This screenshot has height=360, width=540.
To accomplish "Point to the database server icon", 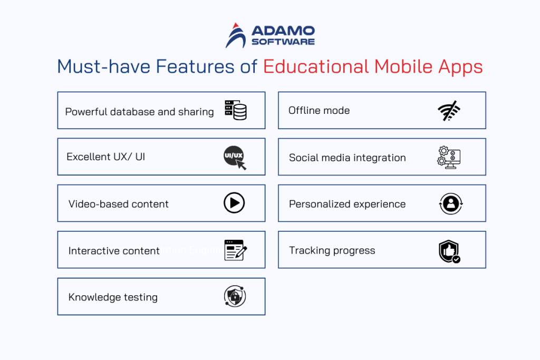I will [235, 110].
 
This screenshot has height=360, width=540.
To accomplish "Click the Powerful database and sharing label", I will [139, 111].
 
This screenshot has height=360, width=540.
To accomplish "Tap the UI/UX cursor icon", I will [235, 158].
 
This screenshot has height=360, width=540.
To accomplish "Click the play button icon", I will [234, 203].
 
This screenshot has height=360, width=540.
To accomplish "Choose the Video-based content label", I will [119, 204].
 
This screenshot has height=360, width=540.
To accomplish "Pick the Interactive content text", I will [114, 251].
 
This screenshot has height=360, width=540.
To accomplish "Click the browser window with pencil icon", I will [235, 250].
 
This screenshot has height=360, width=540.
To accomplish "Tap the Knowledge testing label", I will [113, 297].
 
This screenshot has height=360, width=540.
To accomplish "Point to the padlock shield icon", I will [235, 297].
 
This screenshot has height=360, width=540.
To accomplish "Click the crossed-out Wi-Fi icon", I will [449, 111].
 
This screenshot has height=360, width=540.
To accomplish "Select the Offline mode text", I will [319, 111].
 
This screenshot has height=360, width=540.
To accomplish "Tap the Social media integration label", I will [347, 158].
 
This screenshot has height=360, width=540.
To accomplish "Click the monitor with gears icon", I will [449, 157].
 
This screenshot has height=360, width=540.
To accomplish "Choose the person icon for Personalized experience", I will [450, 203].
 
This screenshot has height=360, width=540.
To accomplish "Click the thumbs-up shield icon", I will [449, 251].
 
